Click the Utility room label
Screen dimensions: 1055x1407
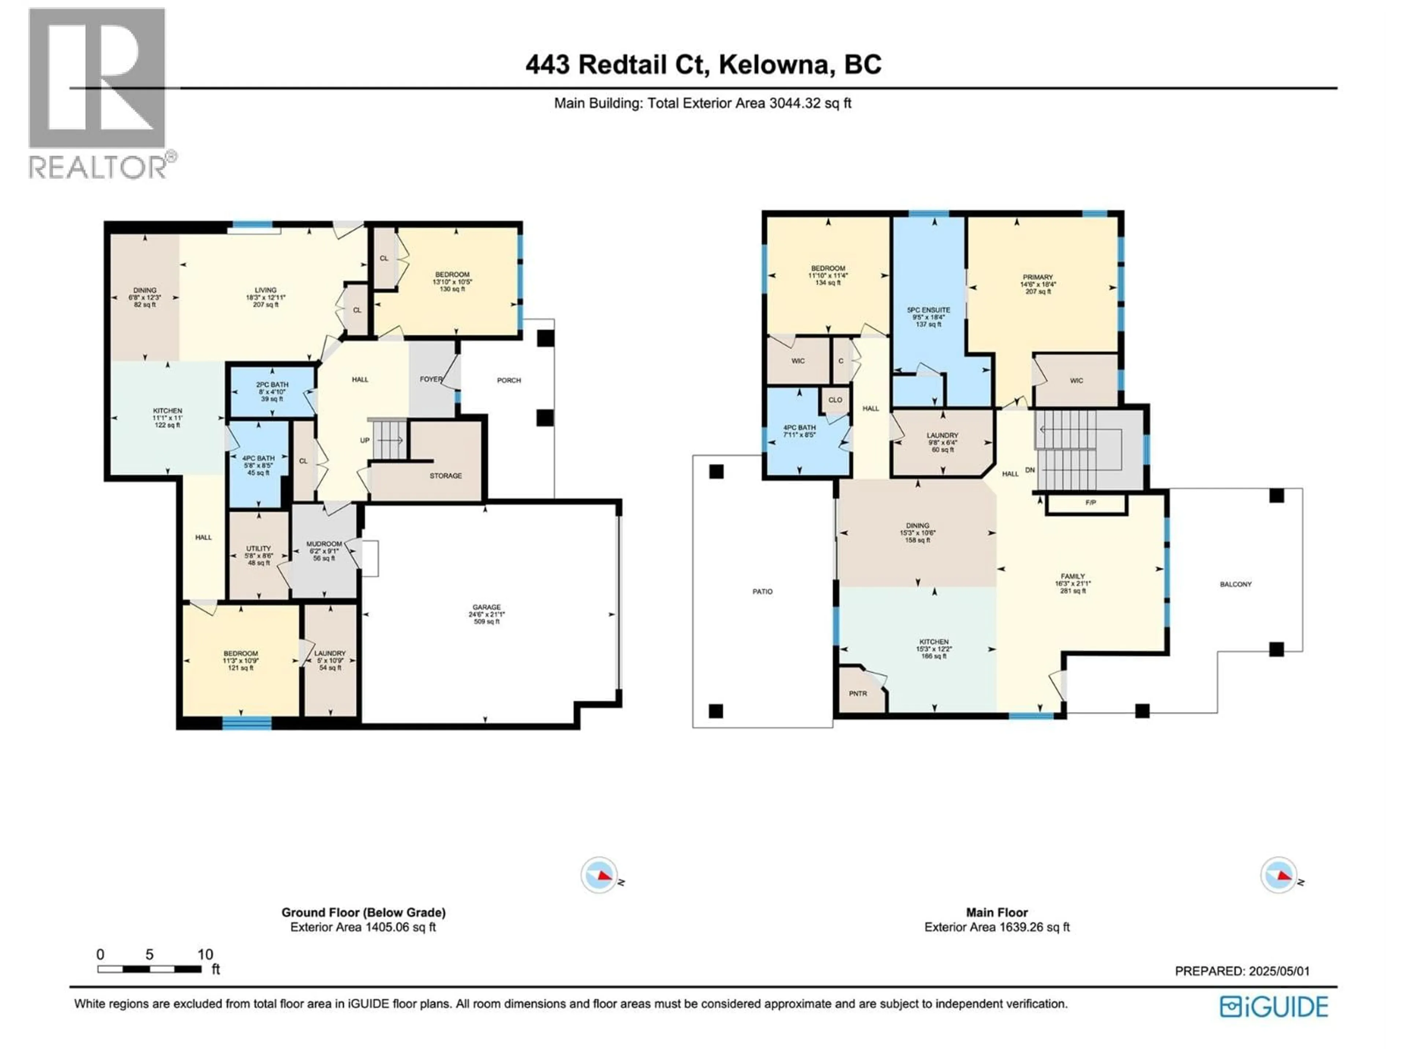coord(258,549)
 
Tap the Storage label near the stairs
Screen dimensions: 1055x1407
coord(445,476)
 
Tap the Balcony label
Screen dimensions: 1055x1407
coord(1235,584)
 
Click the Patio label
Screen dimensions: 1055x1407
coord(762,591)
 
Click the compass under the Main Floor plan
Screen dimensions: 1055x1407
coord(1278,875)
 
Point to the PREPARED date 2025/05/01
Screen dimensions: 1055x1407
coord(1242,971)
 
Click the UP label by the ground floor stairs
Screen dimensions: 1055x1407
coord(365,440)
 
